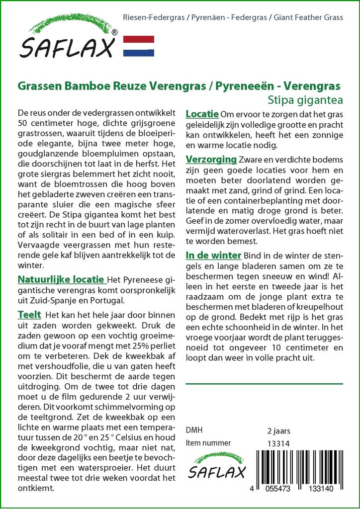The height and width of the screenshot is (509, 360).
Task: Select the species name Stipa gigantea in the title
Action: (305, 99)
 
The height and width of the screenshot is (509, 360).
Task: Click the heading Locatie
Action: (202, 115)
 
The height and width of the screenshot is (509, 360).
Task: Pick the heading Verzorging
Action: (211, 160)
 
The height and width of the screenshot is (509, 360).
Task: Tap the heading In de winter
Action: (213, 255)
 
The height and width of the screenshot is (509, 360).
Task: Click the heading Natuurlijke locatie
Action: (61, 279)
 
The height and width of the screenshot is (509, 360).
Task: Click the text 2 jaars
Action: (279, 430)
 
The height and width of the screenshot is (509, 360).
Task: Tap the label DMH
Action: (194, 430)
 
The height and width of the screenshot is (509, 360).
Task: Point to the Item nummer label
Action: (208, 443)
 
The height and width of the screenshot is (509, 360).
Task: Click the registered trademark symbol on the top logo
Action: (114, 32)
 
